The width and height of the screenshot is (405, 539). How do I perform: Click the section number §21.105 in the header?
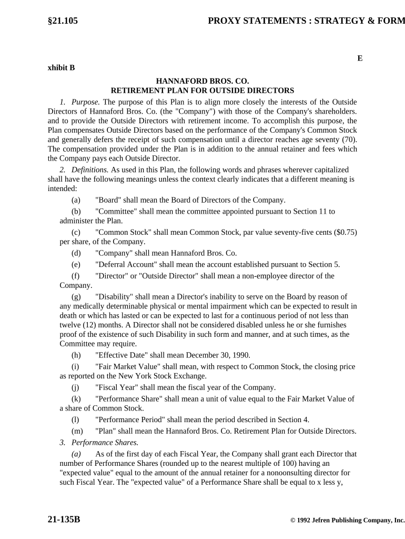pos(63,21)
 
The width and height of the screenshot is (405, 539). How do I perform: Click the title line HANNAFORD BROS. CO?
pos(202,81)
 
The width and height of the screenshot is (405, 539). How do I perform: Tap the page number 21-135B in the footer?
pos(64,520)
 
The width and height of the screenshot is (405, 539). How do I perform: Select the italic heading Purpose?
pos(86,102)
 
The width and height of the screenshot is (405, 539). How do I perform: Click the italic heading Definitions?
pos(90,169)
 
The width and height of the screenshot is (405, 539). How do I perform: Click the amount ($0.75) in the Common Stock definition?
pos(346,232)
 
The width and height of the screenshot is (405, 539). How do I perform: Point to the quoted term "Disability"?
pos(114,296)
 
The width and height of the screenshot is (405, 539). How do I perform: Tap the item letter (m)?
pos(77,431)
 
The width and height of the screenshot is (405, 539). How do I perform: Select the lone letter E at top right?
pos(360,58)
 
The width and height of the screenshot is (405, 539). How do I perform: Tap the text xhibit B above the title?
pos(61,68)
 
